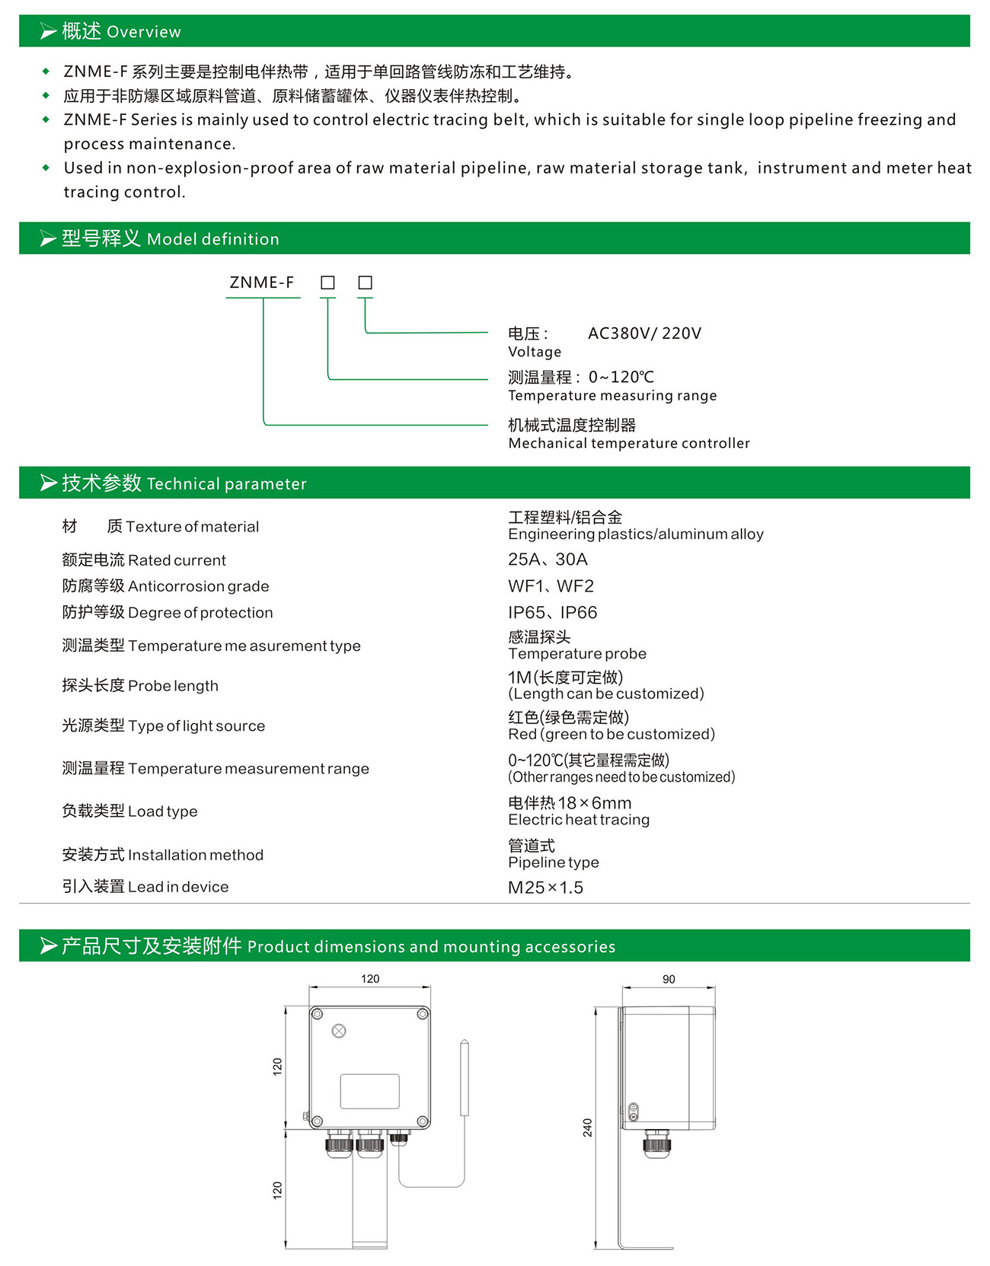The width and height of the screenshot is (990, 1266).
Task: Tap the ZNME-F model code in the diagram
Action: tap(261, 282)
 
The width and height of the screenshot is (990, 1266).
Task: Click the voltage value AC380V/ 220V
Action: tap(644, 333)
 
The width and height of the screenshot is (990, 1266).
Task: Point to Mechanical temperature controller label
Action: tap(628, 443)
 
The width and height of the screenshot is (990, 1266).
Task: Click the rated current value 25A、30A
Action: tap(548, 560)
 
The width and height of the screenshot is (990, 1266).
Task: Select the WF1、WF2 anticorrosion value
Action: tap(551, 586)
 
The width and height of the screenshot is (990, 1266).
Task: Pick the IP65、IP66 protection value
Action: tap(552, 613)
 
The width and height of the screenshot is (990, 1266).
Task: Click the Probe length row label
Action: tap(140, 686)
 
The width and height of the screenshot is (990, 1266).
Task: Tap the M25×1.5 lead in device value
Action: tap(545, 888)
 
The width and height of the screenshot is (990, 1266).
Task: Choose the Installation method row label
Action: tap(162, 855)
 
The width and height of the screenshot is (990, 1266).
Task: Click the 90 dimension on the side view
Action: tap(669, 979)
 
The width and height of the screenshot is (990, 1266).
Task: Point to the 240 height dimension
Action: tap(587, 1127)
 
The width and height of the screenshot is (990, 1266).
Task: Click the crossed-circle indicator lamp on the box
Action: tap(340, 1031)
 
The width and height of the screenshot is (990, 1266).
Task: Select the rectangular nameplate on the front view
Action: tap(369, 1091)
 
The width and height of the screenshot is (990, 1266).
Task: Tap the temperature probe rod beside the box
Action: tap(465, 1078)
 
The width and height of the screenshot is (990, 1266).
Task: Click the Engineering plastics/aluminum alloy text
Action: tap(635, 534)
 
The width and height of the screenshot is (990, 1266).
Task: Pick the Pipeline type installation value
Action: tap(553, 863)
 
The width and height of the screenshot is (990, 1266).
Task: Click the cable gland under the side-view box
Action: tap(656, 1143)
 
